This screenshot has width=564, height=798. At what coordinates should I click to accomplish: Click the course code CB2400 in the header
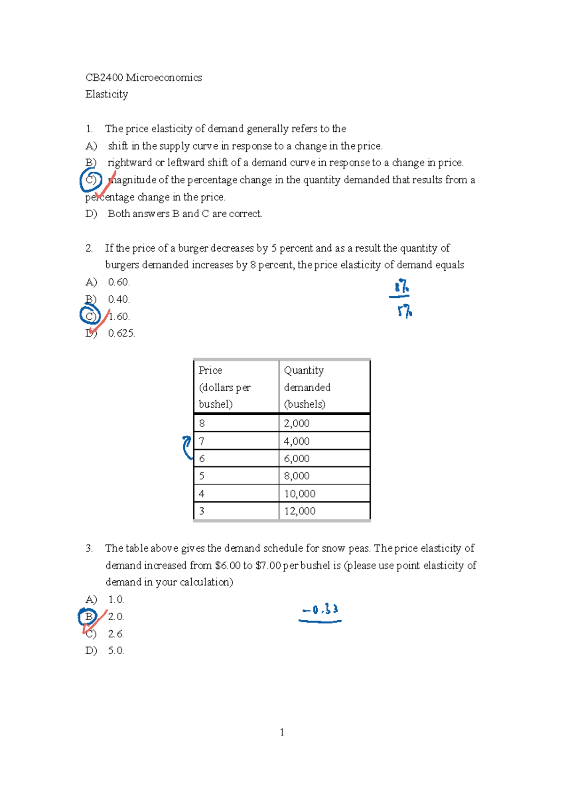tap(104, 78)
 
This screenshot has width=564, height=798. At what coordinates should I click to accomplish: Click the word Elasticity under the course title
tap(107, 95)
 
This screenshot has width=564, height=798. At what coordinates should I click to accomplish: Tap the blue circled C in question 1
tap(91, 180)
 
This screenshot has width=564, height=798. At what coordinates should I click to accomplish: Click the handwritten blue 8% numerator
tap(401, 286)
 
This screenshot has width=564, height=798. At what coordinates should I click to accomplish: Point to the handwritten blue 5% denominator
tap(404, 311)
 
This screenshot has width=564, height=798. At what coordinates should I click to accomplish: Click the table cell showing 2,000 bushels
tap(297, 423)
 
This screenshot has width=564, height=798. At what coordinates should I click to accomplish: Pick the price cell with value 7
tap(202, 441)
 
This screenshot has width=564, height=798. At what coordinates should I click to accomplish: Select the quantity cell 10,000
tap(299, 494)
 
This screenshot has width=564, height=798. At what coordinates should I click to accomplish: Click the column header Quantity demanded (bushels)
tap(307, 387)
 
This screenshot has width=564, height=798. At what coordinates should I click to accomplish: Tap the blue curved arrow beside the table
tap(187, 447)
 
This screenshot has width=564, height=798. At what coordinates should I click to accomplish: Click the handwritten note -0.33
tap(321, 610)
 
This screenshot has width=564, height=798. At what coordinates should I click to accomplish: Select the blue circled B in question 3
tap(88, 616)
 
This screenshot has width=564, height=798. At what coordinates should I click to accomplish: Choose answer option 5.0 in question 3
tap(116, 651)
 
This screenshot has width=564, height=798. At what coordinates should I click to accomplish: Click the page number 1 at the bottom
tap(282, 732)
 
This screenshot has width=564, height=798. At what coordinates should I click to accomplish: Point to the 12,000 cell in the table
tap(299, 511)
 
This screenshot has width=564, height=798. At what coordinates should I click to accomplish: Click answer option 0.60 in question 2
tap(118, 282)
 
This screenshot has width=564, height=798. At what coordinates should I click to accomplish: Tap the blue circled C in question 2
tap(90, 316)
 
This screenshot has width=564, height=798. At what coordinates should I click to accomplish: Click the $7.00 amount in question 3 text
tap(268, 565)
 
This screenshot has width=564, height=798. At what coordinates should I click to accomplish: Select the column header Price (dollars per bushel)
tap(225, 387)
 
